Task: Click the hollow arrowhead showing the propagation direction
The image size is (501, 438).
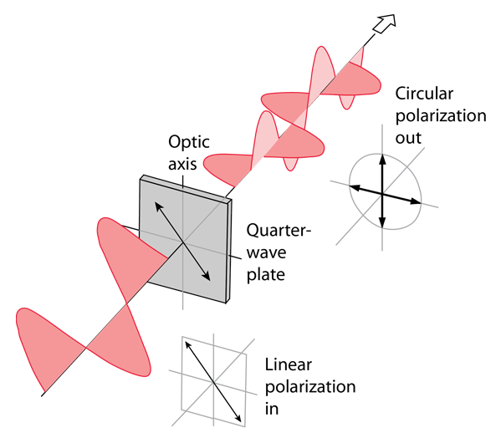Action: pyautogui.click(x=385, y=23)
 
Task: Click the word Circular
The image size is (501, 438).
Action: pyautogui.click(x=424, y=94)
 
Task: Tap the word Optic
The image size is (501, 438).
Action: pyautogui.click(x=189, y=142)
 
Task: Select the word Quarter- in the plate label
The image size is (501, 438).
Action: pyautogui.click(x=279, y=230)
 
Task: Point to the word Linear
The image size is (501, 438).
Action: pyautogui.click(x=289, y=364)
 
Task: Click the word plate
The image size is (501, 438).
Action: pyautogui.click(x=265, y=274)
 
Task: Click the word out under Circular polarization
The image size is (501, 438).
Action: pyautogui.click(x=408, y=138)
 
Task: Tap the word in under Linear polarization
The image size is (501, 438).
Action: pyautogui.click(x=272, y=409)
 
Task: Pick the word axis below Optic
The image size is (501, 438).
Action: pyautogui.click(x=182, y=164)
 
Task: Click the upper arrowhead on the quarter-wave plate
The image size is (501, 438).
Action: pyautogui.click(x=159, y=206)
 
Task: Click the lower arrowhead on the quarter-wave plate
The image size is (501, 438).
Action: pyautogui.click(x=206, y=276)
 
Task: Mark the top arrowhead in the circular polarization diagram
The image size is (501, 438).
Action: pyautogui.click(x=382, y=160)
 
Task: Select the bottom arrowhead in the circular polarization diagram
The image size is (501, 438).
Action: pyautogui.click(x=382, y=222)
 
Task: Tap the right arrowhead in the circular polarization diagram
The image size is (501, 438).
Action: pyautogui.click(x=416, y=201)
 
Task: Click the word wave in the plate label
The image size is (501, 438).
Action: pyautogui.click(x=266, y=252)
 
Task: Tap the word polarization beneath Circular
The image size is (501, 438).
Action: pyautogui.click(x=441, y=116)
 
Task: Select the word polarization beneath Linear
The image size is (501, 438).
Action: pyautogui.click(x=310, y=388)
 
